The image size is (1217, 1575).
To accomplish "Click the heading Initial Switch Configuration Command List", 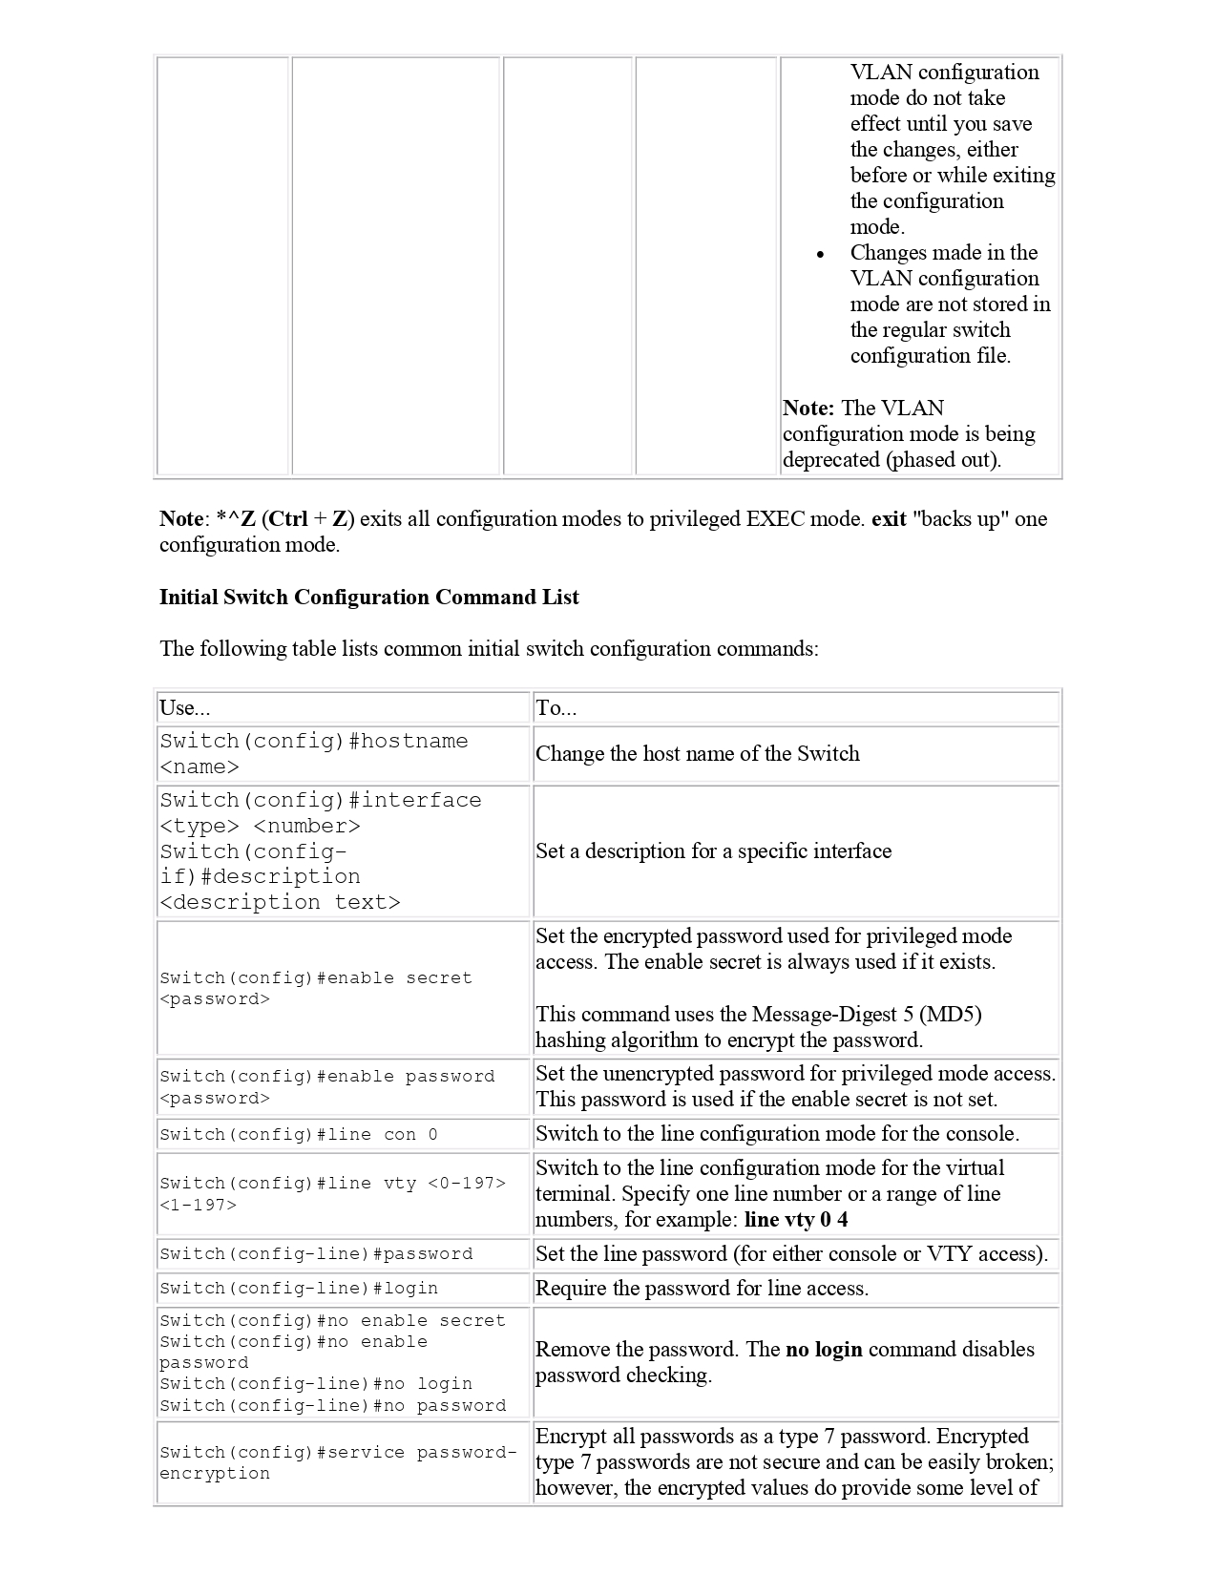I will [368, 598].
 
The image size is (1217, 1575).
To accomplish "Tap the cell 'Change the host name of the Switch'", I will [697, 754].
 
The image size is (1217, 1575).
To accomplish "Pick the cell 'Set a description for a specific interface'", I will [713, 851].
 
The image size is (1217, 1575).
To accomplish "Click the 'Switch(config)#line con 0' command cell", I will [299, 1135].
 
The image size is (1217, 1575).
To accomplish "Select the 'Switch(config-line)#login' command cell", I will [299, 1289].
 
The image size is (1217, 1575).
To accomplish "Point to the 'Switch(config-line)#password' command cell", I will [316, 1254].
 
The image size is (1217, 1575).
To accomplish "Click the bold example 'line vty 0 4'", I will [796, 1220].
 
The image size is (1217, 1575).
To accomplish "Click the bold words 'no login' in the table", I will [824, 1350].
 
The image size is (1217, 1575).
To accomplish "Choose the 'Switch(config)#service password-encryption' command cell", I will [338, 1462].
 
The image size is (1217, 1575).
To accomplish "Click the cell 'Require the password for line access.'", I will [702, 1289].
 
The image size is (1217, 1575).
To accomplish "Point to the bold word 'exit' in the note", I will [889, 519].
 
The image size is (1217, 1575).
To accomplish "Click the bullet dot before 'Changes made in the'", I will [821, 255].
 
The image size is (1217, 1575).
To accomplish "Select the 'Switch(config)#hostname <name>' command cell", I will [314, 754].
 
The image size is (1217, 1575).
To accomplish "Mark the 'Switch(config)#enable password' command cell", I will [326, 1087].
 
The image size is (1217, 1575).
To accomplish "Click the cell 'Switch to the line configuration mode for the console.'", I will [777, 1134].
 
